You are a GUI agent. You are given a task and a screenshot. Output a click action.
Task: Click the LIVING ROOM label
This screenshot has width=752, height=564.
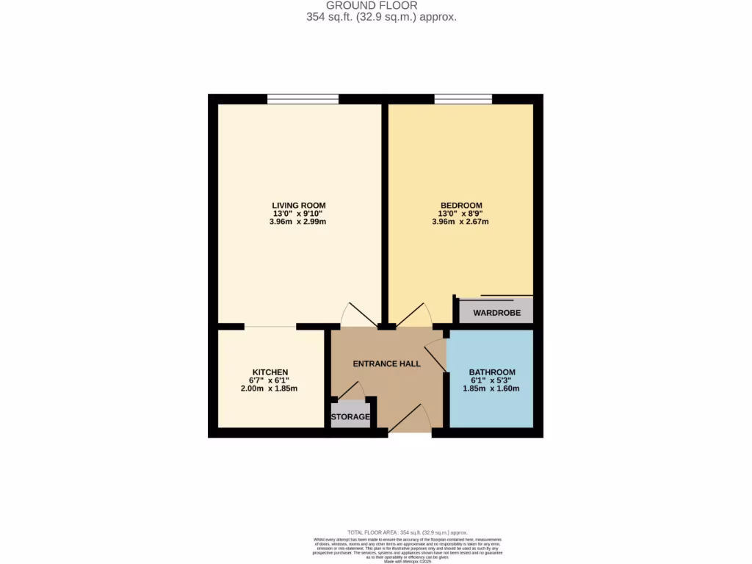(298, 205)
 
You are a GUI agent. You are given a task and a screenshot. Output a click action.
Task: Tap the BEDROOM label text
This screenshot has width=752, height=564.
(461, 205)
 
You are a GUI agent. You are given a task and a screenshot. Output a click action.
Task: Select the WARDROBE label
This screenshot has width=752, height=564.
(496, 314)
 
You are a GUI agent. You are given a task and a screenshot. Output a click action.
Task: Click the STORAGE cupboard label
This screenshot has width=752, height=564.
(350, 417)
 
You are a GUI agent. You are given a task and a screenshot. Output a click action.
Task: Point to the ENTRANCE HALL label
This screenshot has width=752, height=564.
(386, 364)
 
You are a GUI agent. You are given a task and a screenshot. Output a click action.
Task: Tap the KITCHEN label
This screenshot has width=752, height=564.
(270, 372)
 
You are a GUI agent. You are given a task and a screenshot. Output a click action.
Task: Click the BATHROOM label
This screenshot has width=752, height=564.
(492, 372)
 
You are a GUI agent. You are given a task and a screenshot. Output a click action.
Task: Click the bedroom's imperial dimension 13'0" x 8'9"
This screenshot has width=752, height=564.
(461, 214)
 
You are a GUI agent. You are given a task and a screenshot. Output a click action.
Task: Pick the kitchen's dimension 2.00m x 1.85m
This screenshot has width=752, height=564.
(270, 389)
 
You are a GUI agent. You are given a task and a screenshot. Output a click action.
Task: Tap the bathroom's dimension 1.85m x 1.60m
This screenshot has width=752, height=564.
(492, 389)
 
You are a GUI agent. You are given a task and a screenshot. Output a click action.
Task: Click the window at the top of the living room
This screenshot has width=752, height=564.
(303, 98)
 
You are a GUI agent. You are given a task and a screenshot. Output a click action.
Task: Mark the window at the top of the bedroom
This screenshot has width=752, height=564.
(463, 98)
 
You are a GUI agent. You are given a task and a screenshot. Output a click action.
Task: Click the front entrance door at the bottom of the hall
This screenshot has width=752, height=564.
(410, 423)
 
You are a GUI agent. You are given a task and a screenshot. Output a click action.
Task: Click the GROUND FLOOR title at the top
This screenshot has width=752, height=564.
(382, 5)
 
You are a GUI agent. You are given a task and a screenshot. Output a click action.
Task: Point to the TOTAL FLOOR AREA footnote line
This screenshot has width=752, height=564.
(407, 532)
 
